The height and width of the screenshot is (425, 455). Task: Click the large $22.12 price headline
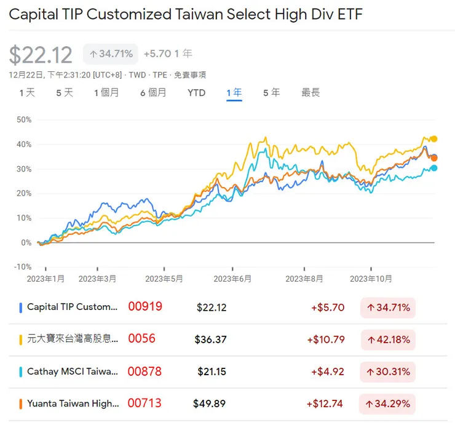coord(41,55)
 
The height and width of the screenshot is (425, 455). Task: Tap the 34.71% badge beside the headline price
coord(111,54)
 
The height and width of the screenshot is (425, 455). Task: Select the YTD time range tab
coord(196,93)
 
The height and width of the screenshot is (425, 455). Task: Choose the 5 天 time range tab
coord(65,93)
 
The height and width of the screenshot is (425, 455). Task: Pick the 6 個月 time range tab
coord(153,93)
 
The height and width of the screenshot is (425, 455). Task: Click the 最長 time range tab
coord(311,93)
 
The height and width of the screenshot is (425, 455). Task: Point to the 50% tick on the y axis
coord(23,119)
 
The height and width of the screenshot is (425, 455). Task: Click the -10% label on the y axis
coord(22,267)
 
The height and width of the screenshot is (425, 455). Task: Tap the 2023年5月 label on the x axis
coord(165,279)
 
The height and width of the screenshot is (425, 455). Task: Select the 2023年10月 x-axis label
coord(371,279)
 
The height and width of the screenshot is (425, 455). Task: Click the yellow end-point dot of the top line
coord(433,139)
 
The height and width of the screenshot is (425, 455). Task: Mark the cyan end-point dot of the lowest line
coord(434,168)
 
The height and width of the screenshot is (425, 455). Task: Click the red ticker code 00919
coord(145,306)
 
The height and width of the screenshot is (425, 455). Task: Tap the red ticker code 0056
coord(141,338)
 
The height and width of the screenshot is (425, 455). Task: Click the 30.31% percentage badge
coord(388,371)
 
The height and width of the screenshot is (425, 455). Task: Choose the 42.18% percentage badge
coord(388,340)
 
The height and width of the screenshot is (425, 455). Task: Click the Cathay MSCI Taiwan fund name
coord(73,371)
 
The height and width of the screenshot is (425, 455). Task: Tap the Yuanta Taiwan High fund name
coord(73,403)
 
